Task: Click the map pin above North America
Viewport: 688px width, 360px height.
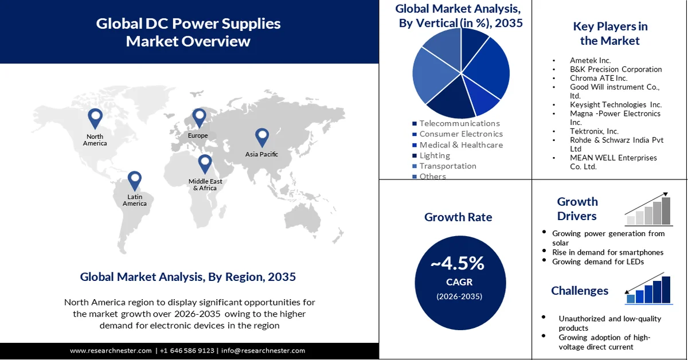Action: [95, 118]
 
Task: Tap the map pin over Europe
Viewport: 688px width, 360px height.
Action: [198, 117]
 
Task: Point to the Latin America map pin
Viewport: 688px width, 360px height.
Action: [134, 180]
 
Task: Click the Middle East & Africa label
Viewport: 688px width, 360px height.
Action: [205, 185]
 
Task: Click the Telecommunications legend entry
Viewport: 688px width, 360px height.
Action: [459, 123]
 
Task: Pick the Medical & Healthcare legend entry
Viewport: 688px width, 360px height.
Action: [461, 145]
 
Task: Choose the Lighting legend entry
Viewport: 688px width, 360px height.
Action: [435, 155]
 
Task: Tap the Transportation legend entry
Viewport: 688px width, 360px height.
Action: [447, 166]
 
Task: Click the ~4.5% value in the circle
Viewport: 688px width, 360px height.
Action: [458, 263]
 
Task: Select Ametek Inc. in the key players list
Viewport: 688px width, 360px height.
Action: [590, 60]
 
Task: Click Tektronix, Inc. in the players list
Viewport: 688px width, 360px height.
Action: [594, 131]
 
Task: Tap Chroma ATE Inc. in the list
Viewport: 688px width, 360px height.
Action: [599, 78]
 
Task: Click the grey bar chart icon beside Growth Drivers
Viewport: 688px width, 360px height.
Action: [648, 209]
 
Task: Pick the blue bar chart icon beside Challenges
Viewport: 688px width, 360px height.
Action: [648, 288]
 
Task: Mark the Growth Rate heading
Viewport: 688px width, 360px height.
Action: [458, 217]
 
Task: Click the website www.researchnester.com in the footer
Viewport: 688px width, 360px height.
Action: [111, 350]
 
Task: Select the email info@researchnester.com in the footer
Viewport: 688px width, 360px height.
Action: [263, 350]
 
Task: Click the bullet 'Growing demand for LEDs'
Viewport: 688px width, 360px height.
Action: [598, 261]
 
